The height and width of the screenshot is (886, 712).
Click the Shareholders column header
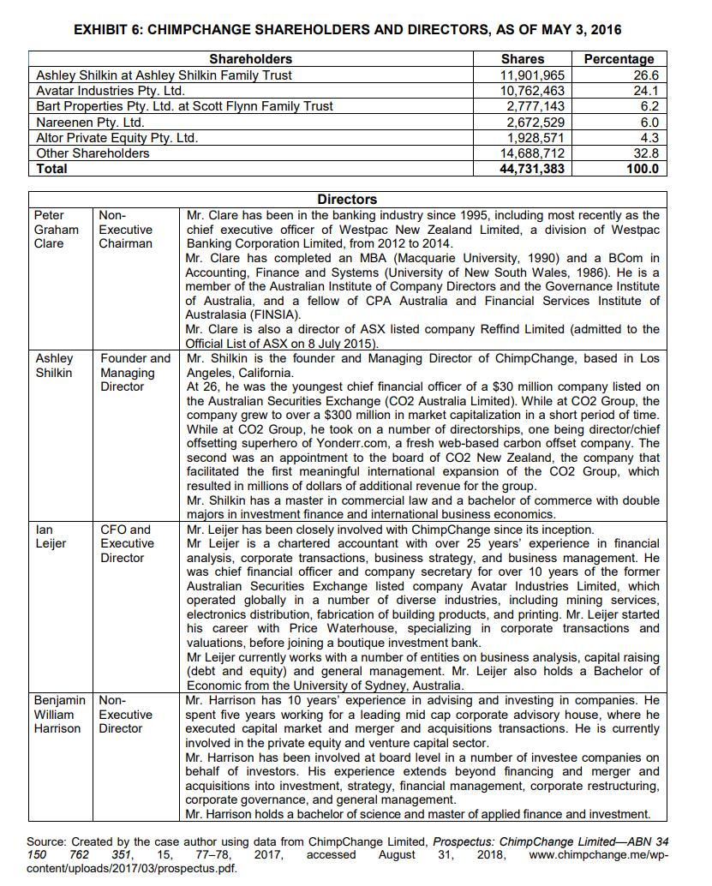coord(250,59)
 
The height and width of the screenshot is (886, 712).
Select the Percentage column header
coord(618,59)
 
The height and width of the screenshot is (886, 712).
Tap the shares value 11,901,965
coord(532,75)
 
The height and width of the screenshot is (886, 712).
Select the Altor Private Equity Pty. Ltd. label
coord(117,137)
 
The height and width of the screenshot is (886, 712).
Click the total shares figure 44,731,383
coord(531,169)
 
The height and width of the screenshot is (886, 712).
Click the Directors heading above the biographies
coord(347,199)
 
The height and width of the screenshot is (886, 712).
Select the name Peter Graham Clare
coord(56,229)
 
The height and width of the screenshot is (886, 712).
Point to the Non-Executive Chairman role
coord(126,229)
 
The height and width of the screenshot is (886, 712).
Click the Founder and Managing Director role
coord(135,373)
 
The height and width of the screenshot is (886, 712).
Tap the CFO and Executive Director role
coord(128,543)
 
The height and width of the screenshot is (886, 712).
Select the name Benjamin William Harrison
coord(59,714)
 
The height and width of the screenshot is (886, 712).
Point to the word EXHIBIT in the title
coord(105,30)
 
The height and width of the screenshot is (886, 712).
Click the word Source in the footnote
coord(46,841)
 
